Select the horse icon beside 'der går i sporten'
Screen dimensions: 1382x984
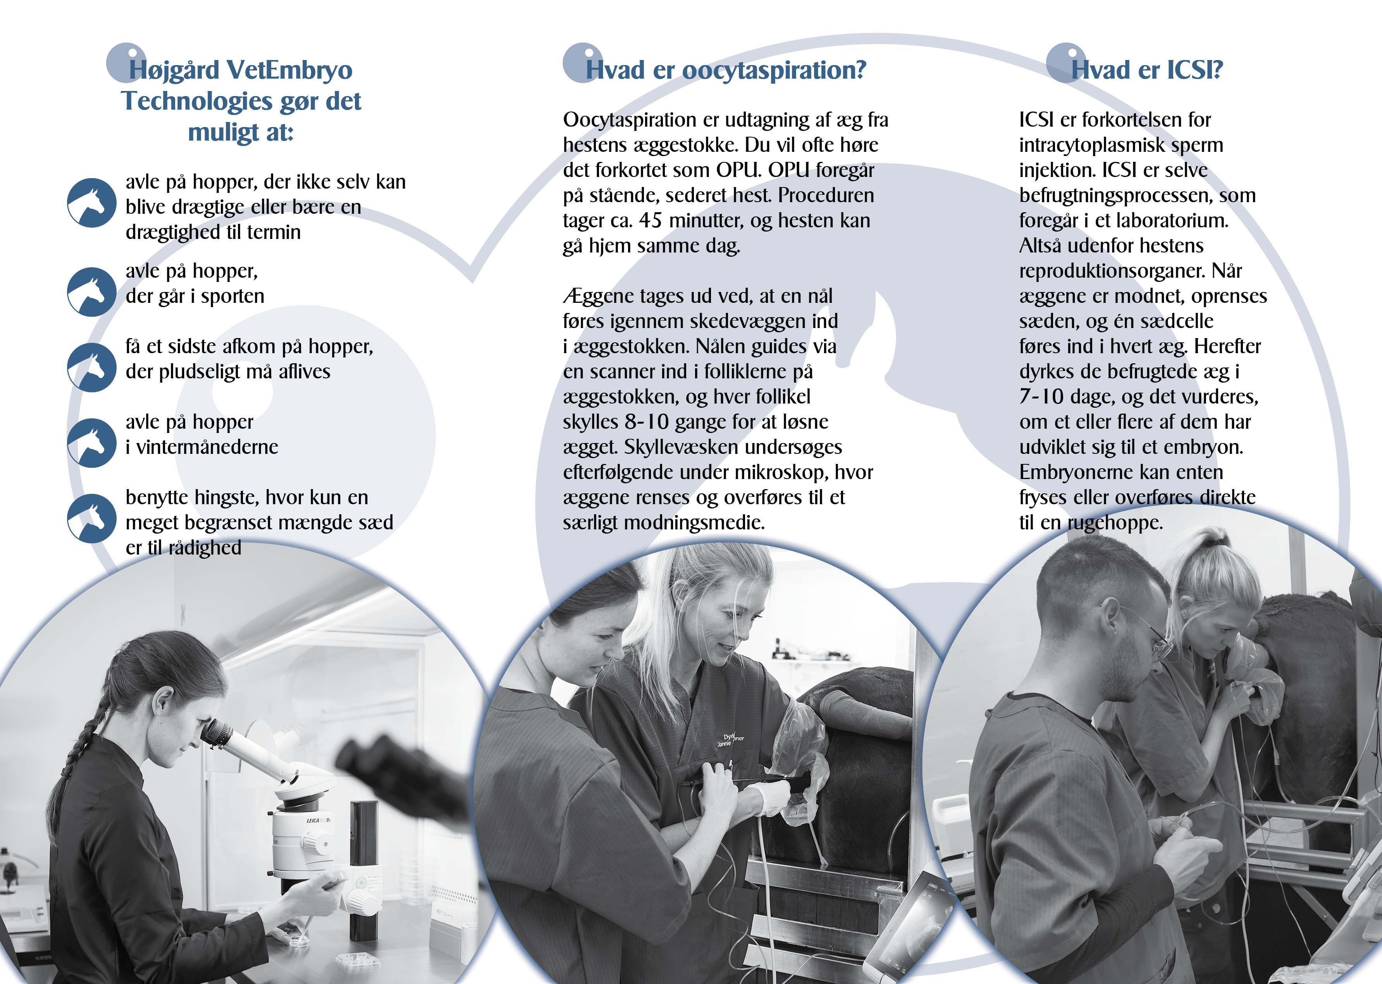pyautogui.click(x=91, y=292)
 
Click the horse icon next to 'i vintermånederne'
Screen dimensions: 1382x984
pyautogui.click(x=91, y=443)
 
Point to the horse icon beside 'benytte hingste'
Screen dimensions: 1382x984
pyautogui.click(x=91, y=518)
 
